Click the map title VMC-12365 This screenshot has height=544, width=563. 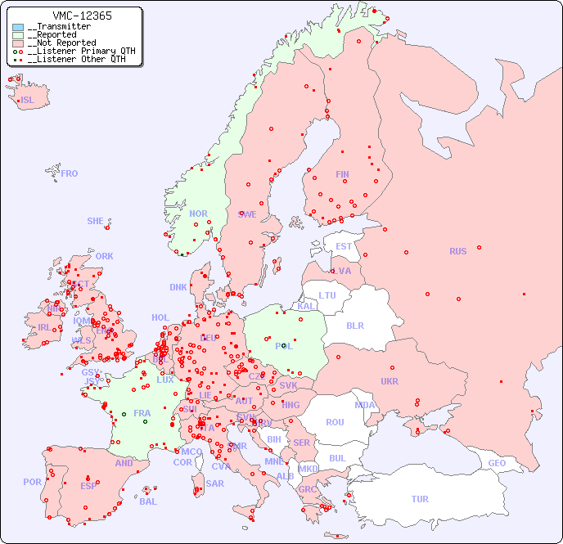[82, 16]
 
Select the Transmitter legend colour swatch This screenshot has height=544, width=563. [18, 27]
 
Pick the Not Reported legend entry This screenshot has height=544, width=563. [61, 43]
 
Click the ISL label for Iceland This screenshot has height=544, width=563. [28, 101]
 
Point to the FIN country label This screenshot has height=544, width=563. [342, 174]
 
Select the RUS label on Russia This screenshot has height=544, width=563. [457, 251]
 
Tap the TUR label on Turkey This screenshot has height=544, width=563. [420, 499]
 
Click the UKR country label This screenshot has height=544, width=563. [390, 381]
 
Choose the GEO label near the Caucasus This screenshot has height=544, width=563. [497, 463]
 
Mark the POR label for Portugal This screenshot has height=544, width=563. [32, 482]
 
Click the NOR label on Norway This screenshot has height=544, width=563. [199, 214]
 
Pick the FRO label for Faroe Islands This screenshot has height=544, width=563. [70, 173]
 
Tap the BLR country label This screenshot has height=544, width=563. [354, 325]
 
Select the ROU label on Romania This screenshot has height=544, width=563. [335, 422]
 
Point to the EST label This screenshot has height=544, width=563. [344, 246]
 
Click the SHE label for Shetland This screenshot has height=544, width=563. [96, 221]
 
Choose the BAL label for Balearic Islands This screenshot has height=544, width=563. [147, 501]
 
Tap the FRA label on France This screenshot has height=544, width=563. [142, 413]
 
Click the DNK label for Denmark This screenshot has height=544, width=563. [178, 287]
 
